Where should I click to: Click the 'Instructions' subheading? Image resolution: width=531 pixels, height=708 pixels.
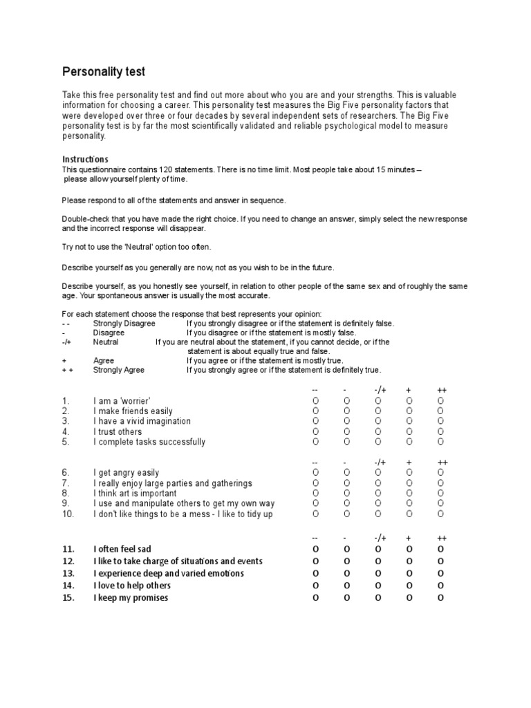pyautogui.click(x=85, y=159)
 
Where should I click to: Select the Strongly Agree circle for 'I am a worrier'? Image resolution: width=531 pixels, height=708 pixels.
pyautogui.click(x=440, y=401)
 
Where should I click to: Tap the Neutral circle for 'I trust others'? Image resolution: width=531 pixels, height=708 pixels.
pyautogui.click(x=378, y=431)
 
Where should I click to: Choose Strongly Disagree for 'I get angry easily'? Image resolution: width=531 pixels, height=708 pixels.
pyautogui.click(x=316, y=473)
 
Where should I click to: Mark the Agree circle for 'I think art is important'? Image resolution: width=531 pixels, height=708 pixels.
pyautogui.click(x=409, y=494)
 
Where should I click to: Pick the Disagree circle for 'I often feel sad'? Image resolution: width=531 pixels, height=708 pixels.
pyautogui.click(x=347, y=549)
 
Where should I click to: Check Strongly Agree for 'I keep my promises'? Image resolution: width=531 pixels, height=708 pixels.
pyautogui.click(x=440, y=597)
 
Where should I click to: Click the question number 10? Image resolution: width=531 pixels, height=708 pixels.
pyautogui.click(x=67, y=514)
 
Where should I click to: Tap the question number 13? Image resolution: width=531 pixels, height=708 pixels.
pyautogui.click(x=68, y=573)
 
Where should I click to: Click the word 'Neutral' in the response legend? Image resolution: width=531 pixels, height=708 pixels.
pyautogui.click(x=106, y=342)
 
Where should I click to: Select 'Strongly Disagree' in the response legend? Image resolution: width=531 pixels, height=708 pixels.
pyautogui.click(x=124, y=324)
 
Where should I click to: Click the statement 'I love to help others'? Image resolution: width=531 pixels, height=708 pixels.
pyautogui.click(x=132, y=586)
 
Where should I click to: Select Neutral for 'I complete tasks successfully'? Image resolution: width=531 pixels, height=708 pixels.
pyautogui.click(x=378, y=442)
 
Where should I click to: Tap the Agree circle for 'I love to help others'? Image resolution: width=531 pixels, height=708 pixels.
pyautogui.click(x=409, y=586)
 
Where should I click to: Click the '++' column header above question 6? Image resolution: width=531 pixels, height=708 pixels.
pyautogui.click(x=442, y=462)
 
